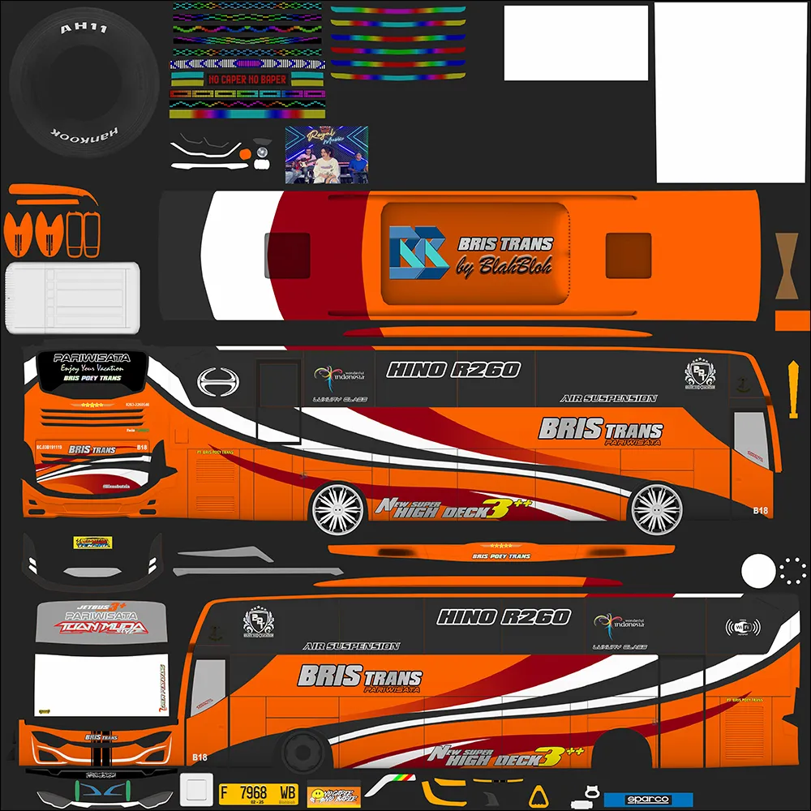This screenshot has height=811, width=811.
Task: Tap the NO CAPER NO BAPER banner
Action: click(247, 79)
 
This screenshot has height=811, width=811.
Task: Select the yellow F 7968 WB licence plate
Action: click(259, 792)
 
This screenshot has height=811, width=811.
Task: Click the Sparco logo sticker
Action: click(648, 800)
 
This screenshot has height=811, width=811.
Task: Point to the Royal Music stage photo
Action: click(326, 154)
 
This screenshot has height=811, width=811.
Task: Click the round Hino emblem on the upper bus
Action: click(215, 382)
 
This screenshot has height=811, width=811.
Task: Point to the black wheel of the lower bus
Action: click(303, 751)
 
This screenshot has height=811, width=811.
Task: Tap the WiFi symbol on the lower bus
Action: click(742, 627)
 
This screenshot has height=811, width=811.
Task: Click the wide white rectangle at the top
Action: click(576, 43)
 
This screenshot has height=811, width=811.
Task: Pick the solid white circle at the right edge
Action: click(758, 570)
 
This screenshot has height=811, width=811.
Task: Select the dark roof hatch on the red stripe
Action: click(288, 255)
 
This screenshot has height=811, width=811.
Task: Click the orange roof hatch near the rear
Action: click(628, 255)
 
